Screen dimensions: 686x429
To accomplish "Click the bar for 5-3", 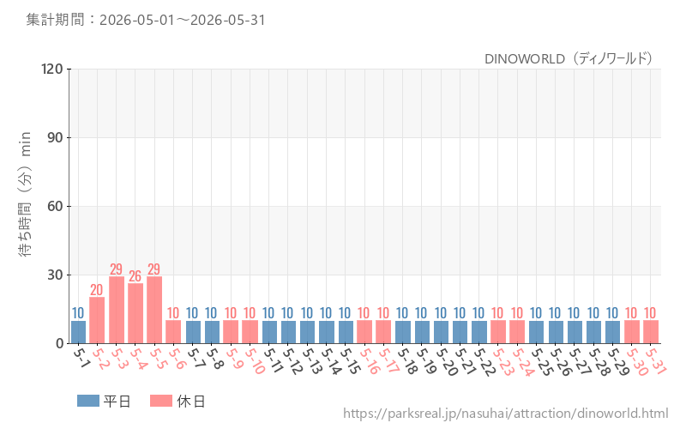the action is point(117,310).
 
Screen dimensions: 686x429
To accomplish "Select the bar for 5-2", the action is point(97,320).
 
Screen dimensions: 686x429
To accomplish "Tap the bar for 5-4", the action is point(135,313).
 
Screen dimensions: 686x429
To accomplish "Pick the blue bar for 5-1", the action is point(78,332).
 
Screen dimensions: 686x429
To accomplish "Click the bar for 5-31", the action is point(651,332).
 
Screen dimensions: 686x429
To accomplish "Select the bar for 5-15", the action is point(346,332).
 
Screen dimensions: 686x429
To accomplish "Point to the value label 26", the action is point(135,275).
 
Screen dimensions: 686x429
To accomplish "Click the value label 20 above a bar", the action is point(97,290).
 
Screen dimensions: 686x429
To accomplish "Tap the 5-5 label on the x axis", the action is point(156,360).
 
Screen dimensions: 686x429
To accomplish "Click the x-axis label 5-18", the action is point(406,361).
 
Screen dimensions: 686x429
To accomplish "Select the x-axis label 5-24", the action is point(523,362).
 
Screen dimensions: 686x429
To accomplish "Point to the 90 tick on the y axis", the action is point(55,137).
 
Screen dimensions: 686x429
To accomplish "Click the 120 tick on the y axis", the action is point(52,69).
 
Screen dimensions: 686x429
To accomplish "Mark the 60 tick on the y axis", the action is point(55,206).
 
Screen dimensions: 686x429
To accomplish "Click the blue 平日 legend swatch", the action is point(88,401).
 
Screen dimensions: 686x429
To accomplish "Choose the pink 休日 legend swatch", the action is point(161,401).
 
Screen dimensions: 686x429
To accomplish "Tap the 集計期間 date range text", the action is point(146,20).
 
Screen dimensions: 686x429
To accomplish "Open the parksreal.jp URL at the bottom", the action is point(506,414).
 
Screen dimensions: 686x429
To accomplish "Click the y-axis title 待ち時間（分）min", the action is point(26,194).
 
